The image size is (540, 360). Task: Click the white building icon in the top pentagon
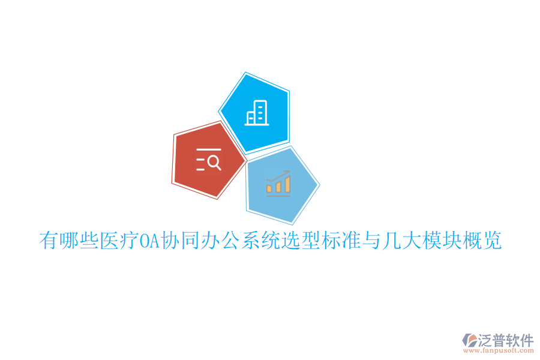click(x=257, y=113)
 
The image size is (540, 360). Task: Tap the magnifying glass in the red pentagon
click(x=214, y=161)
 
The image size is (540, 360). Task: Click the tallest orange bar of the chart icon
click(x=288, y=184)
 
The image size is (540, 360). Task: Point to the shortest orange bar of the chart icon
click(x=269, y=188)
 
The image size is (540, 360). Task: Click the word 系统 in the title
click(x=257, y=241)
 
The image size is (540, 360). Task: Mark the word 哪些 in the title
click(x=78, y=241)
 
